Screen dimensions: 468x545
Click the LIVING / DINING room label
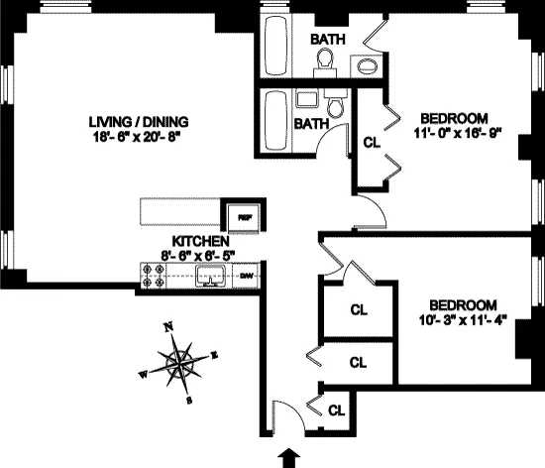(138, 123)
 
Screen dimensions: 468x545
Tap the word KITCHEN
(201, 241)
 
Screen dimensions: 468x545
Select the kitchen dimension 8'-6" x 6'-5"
(201, 256)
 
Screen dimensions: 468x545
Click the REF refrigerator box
(243, 214)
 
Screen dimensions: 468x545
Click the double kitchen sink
(210, 277)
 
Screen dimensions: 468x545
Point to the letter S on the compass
(189, 402)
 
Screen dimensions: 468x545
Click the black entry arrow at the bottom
(289, 456)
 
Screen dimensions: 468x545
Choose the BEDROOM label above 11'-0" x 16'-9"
(451, 114)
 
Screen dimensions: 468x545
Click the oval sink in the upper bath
(366, 67)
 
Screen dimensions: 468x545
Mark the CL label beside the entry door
(337, 409)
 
